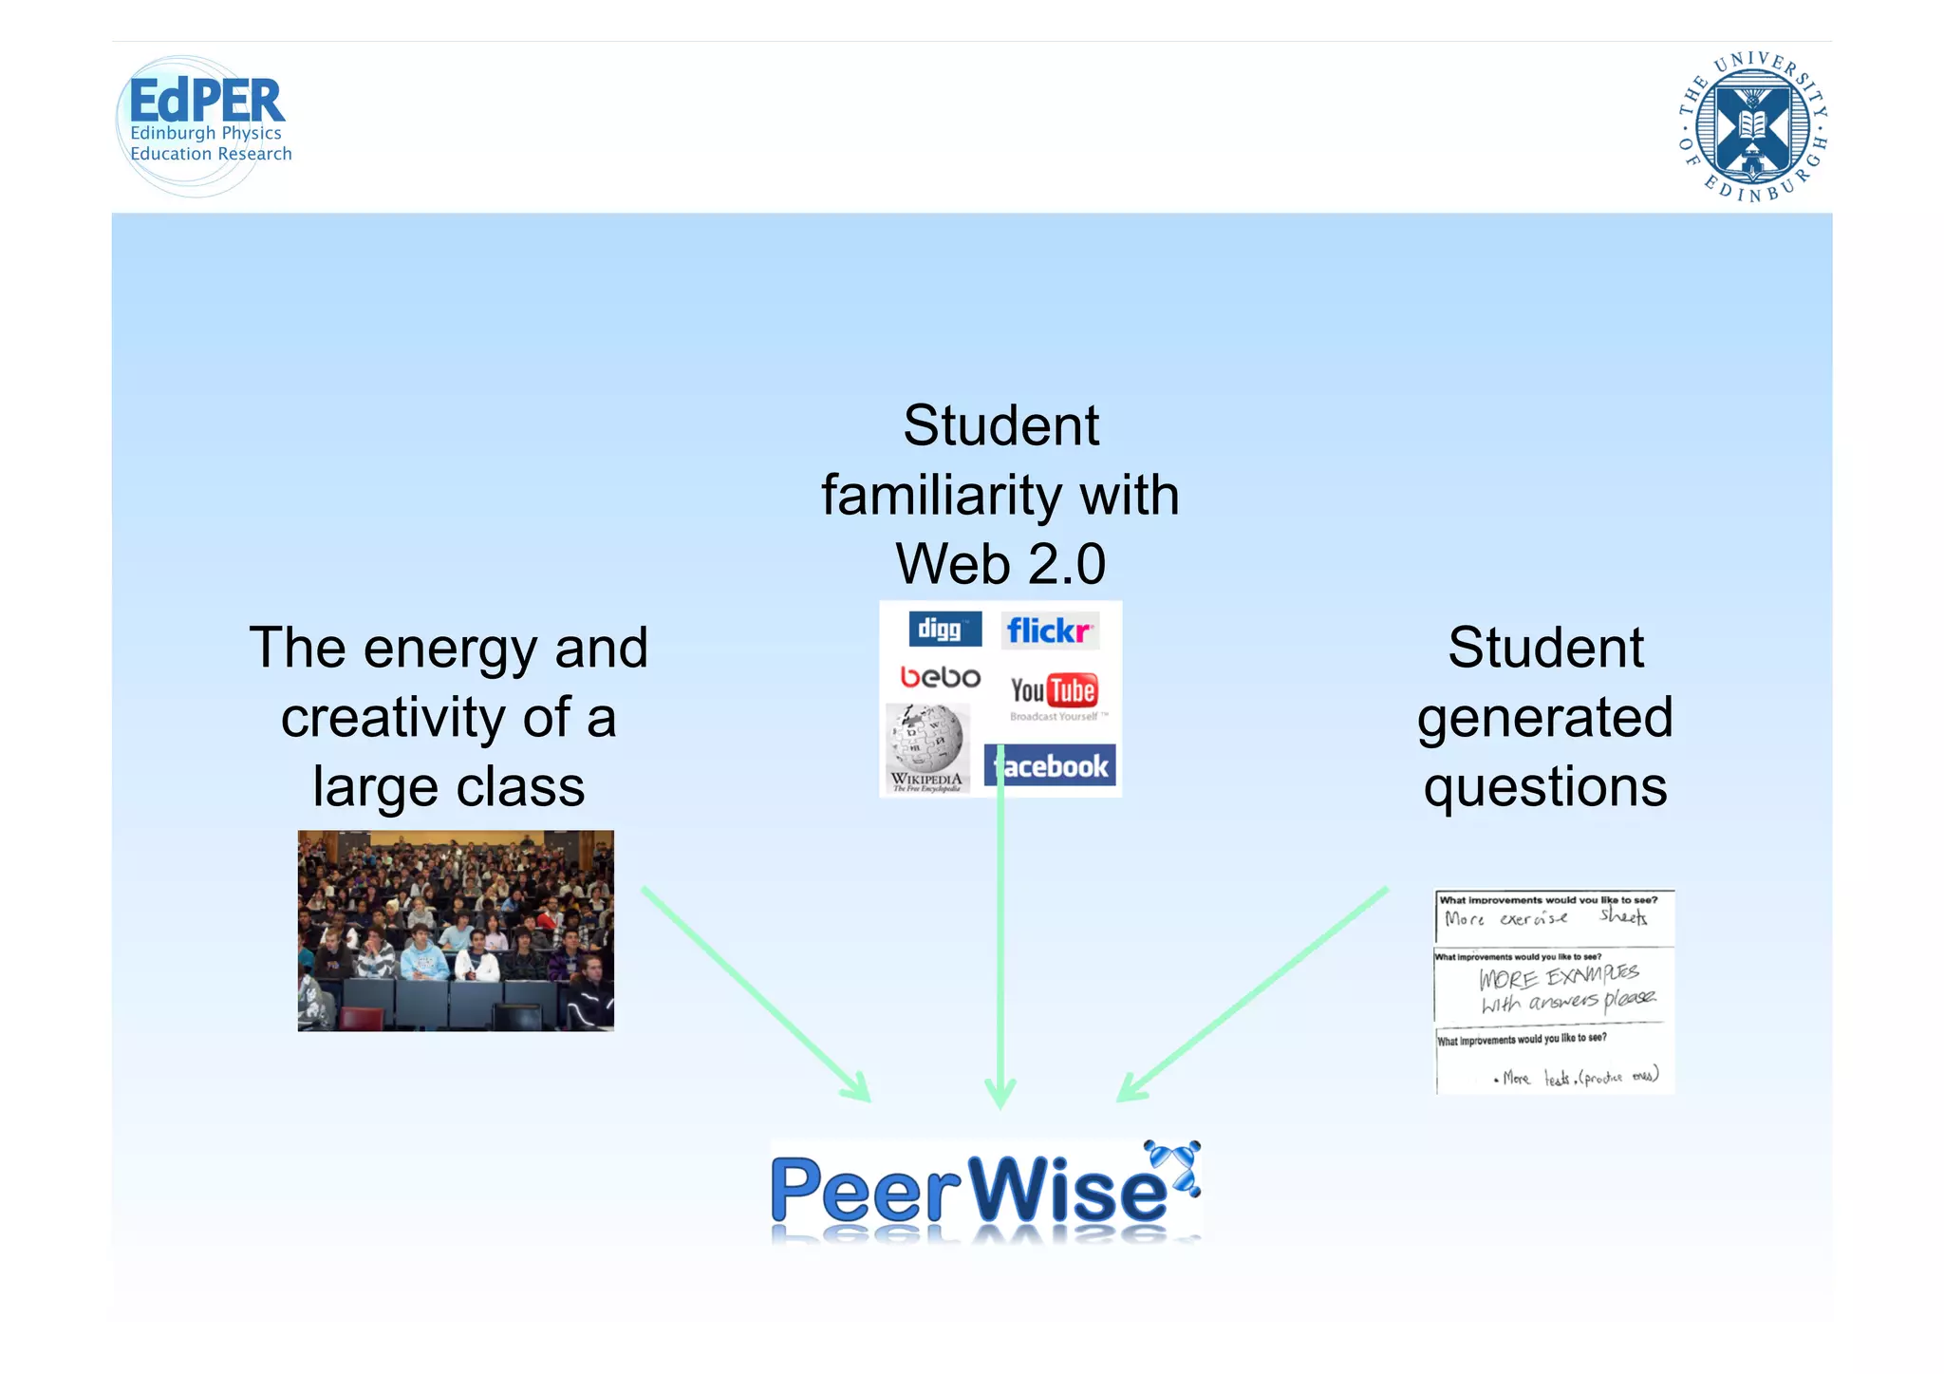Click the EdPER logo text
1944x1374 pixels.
[x=206, y=101]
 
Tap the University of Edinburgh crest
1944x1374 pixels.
[x=1753, y=126]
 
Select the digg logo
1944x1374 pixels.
[x=944, y=630]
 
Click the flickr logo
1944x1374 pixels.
[x=1050, y=631]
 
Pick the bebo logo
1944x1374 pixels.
[x=940, y=677]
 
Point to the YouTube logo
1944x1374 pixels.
[x=1054, y=691]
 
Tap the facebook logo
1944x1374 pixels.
[x=1051, y=765]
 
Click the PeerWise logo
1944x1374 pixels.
[x=985, y=1191]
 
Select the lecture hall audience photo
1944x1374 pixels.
[x=456, y=931]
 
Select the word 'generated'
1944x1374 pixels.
[x=1544, y=717]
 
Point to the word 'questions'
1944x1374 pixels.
[x=1544, y=787]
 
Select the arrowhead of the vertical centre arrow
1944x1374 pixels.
[x=1000, y=1097]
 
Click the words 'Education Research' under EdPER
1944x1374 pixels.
[x=211, y=154]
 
